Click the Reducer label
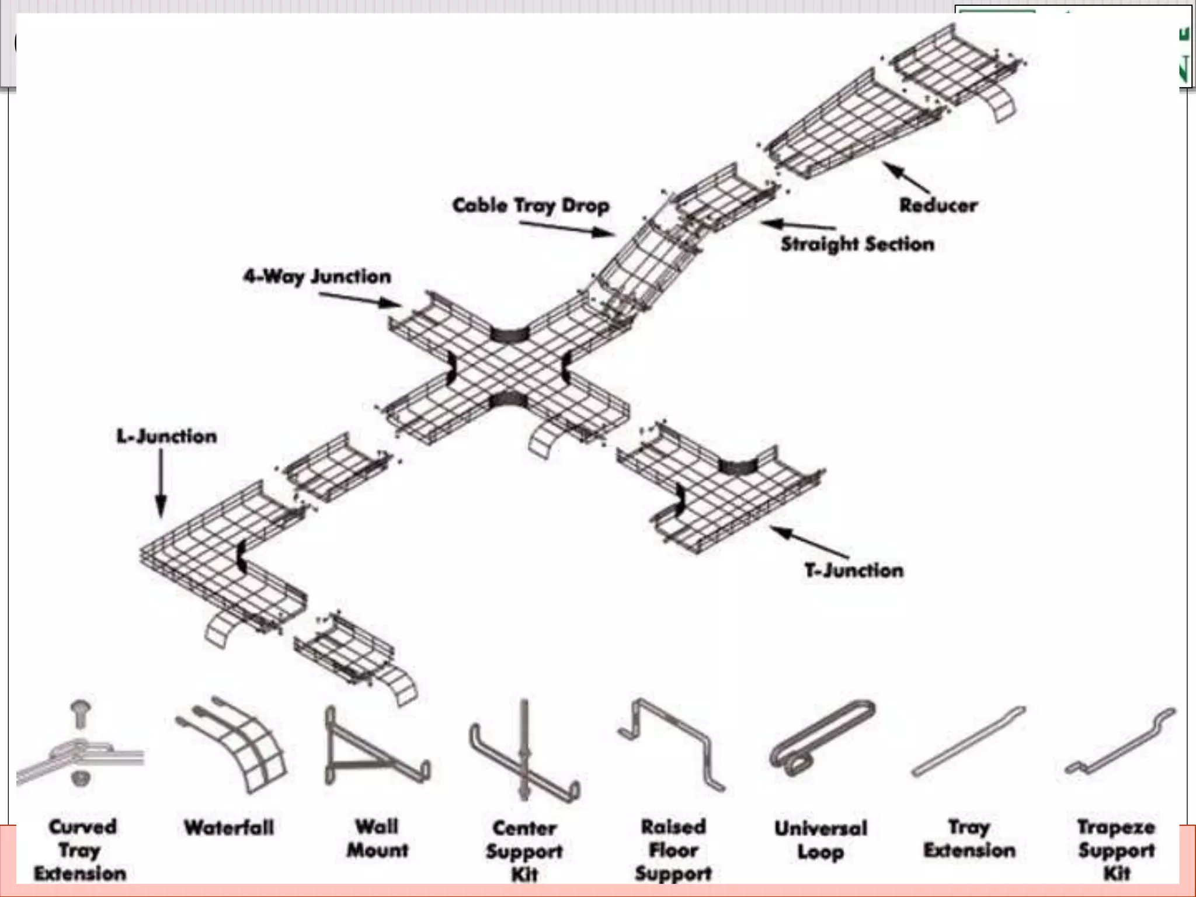[938, 206]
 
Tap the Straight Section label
[857, 244]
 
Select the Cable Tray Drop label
[531, 206]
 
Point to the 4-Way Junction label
[317, 276]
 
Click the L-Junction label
[167, 436]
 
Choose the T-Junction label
[854, 570]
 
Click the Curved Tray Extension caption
[81, 850]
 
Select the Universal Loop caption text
[820, 840]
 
